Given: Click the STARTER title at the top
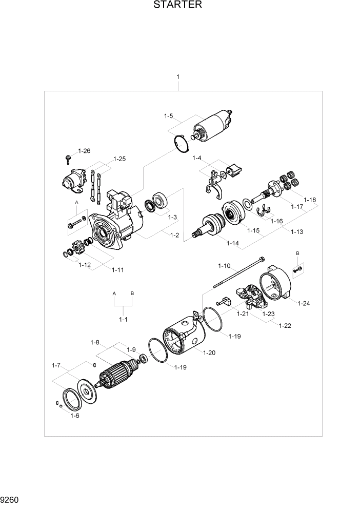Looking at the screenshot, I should point(177,6).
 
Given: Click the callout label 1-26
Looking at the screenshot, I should point(84,151).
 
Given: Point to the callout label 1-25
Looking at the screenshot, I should point(119,159).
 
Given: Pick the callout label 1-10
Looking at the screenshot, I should point(224,266).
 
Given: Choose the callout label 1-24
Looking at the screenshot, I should point(304,303).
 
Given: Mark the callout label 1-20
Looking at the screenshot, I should point(209,353).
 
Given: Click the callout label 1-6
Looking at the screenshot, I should point(74,416).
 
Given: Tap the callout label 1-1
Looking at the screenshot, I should point(123,319).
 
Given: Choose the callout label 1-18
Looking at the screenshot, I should point(310,199).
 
